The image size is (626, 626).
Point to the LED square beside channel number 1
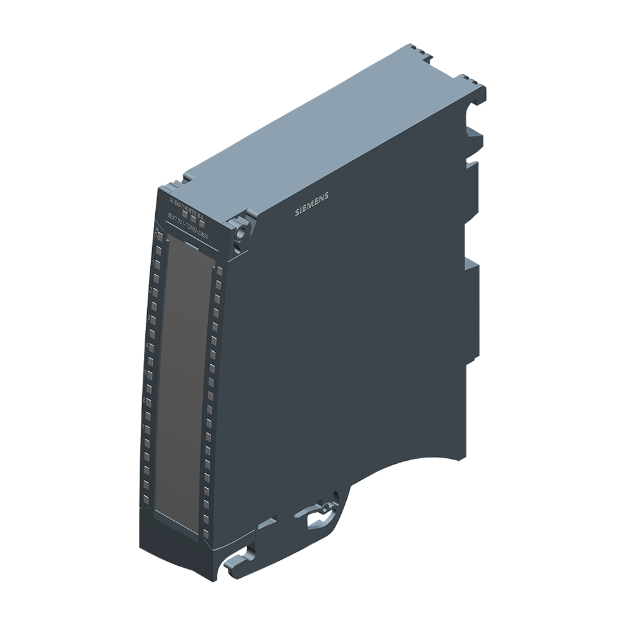click(x=156, y=265)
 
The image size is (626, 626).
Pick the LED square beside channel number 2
click(x=155, y=292)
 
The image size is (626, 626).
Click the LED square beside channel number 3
click(x=153, y=320)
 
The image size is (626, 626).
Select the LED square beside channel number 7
click(x=148, y=429)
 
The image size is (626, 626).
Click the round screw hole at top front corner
click(x=239, y=232)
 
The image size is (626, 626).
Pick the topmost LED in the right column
click(x=220, y=271)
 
